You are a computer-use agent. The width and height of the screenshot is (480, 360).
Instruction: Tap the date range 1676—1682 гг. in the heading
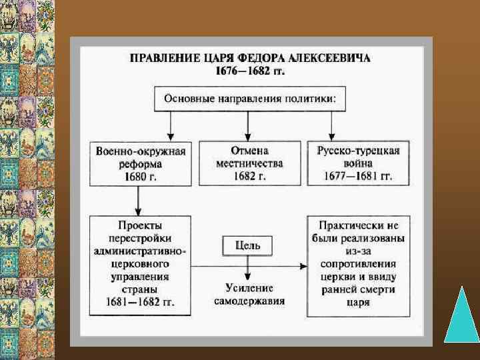[249, 71]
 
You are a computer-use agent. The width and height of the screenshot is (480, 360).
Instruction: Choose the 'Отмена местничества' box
[248, 163]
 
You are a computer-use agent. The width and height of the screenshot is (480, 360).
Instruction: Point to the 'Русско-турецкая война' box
[357, 163]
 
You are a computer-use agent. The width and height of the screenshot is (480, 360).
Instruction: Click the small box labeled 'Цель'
[247, 245]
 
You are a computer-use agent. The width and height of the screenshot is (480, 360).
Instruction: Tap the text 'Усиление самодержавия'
[249, 294]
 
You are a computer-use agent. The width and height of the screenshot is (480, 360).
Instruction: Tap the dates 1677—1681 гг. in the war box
[358, 176]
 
